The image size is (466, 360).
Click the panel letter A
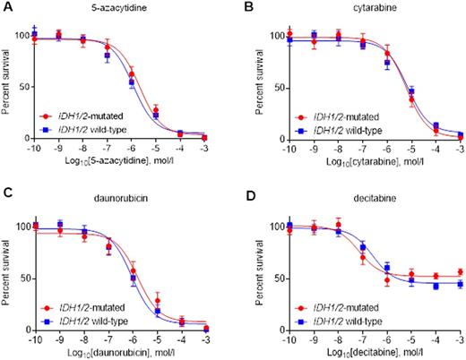(x=5, y=6)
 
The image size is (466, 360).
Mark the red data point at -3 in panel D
(x=460, y=271)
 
